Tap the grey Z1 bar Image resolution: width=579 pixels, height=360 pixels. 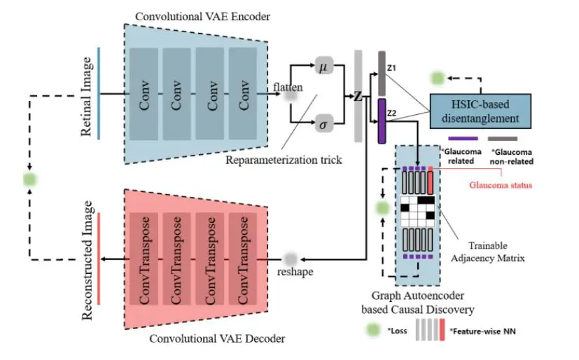(382, 73)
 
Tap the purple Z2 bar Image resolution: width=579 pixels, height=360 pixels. (382, 121)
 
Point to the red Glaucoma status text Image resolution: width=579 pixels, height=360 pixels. (501, 185)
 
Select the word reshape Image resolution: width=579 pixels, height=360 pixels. (294, 272)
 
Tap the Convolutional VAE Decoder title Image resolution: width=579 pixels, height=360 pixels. (217, 339)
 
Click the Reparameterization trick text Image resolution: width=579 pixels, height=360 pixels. (284, 160)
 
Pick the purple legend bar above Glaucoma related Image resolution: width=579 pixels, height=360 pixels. (463, 139)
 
